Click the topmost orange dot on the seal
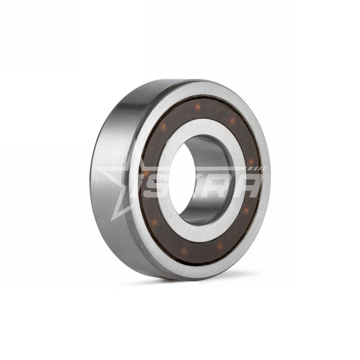197,106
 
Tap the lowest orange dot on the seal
184,250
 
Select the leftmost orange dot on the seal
146,173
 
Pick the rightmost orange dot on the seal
251,161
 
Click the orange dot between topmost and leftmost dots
165,126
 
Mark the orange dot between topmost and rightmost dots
232,120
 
